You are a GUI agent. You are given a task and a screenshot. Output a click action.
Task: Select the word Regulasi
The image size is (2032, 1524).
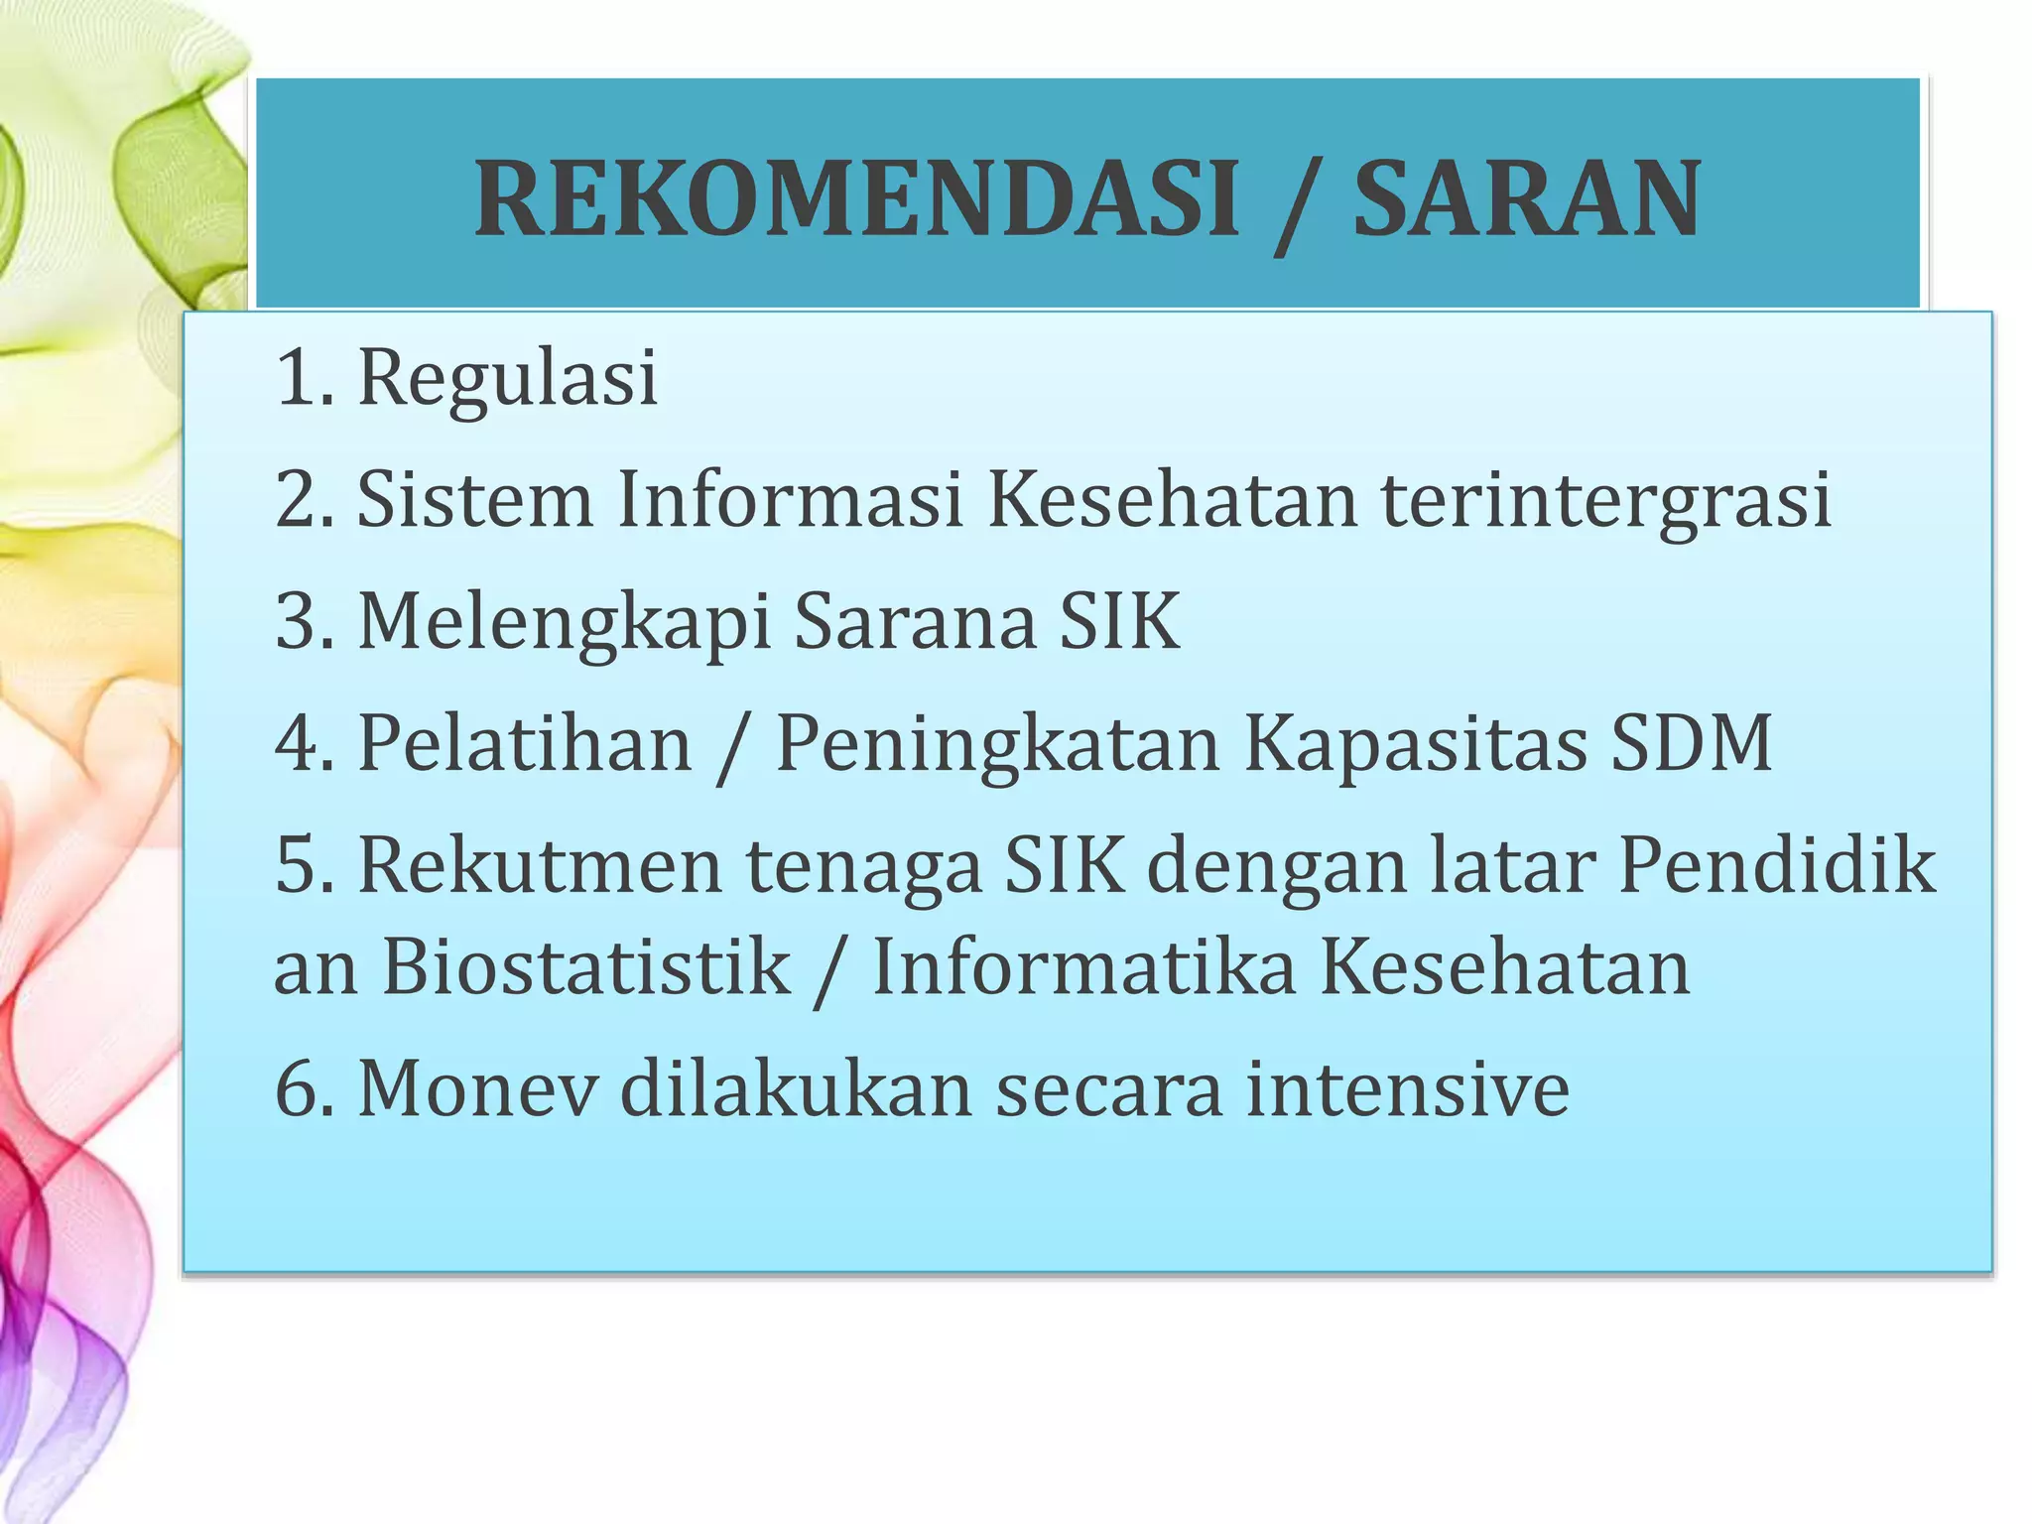coord(507,379)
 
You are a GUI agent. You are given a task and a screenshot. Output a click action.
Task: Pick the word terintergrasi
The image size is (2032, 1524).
coord(1606,499)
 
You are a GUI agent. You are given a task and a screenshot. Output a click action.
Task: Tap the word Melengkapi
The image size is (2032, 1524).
coord(564,623)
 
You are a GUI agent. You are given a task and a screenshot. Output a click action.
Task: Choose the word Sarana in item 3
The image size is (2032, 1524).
coord(915,621)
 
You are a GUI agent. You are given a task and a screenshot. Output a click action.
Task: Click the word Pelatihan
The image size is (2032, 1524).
coord(524,743)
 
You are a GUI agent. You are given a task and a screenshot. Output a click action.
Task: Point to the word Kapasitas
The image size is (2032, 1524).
coord(1414,745)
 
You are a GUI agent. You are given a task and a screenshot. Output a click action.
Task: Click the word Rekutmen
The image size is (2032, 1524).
coord(540,865)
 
